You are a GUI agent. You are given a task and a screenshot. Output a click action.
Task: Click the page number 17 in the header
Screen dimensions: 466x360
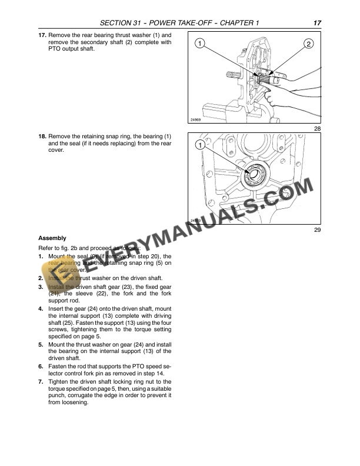coord(317,23)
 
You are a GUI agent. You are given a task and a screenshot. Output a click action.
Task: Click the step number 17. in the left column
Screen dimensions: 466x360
coord(42,35)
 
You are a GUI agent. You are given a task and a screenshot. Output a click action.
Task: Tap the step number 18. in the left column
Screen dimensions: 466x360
coord(42,136)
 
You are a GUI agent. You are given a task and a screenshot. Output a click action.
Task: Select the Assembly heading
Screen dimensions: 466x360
coord(52,238)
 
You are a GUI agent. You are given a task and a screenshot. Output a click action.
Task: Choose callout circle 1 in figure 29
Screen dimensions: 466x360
coord(201,145)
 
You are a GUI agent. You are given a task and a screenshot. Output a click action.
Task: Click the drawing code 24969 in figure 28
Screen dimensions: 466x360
coord(196,120)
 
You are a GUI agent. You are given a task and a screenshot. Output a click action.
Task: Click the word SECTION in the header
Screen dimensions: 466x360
coord(119,23)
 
